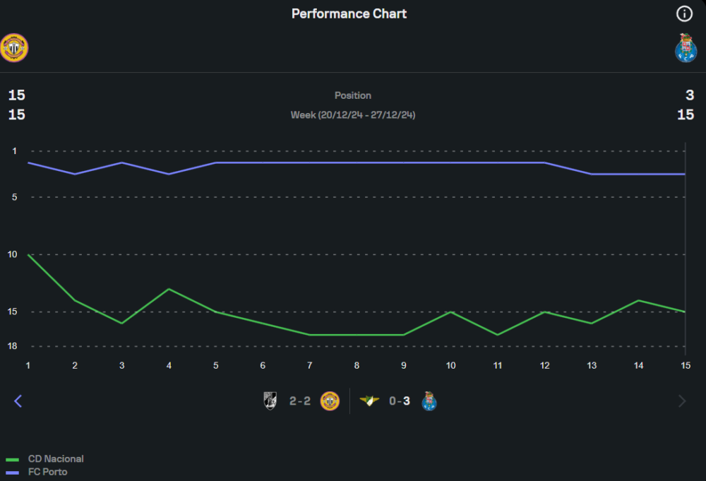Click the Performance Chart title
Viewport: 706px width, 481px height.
click(x=349, y=13)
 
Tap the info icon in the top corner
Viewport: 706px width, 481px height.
click(x=684, y=13)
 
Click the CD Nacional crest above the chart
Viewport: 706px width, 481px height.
click(x=14, y=48)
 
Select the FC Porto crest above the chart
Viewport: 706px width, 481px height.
click(x=686, y=48)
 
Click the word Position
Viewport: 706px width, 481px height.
click(x=352, y=95)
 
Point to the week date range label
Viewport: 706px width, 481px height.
click(x=352, y=114)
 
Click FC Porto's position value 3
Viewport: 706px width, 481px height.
click(x=690, y=95)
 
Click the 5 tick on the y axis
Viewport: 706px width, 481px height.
click(x=14, y=197)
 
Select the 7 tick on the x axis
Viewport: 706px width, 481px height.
click(x=310, y=365)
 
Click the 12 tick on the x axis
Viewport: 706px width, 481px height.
click(x=545, y=365)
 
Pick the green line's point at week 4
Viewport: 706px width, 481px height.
click(x=169, y=289)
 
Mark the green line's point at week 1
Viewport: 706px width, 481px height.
click(x=28, y=254)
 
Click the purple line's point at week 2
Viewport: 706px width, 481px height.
click(x=75, y=174)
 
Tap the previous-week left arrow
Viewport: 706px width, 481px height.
click(x=18, y=401)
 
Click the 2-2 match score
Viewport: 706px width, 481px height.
click(x=300, y=401)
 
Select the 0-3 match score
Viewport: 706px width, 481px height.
click(x=400, y=401)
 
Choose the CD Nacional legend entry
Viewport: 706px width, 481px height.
click(x=55, y=459)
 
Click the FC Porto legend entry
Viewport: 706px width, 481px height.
click(x=47, y=472)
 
